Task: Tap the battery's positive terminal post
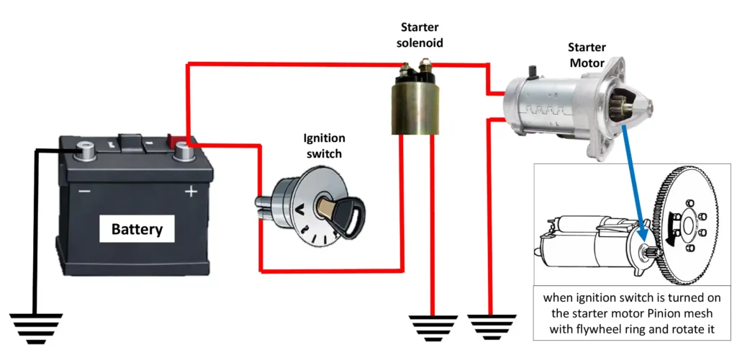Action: click(x=180, y=152)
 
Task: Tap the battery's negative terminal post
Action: click(x=87, y=152)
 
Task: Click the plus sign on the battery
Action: click(x=191, y=192)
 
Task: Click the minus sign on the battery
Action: click(x=84, y=192)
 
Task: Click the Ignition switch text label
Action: click(x=323, y=145)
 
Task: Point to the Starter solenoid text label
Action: click(x=422, y=35)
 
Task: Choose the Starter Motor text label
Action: click(x=587, y=55)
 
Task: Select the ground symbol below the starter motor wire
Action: click(x=492, y=326)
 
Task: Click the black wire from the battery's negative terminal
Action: click(x=35, y=216)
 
